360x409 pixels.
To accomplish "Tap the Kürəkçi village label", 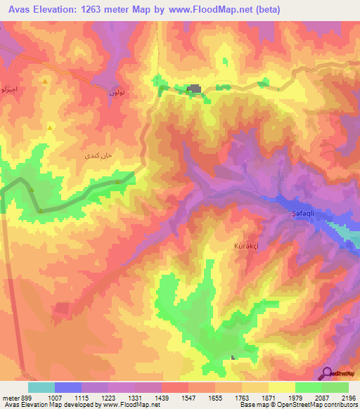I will point(247,247).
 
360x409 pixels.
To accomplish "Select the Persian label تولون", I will point(117,92).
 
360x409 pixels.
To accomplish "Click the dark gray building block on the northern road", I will point(194,89).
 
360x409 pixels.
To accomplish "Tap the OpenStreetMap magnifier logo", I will point(327,374).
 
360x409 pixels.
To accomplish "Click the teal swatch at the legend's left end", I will point(41,387).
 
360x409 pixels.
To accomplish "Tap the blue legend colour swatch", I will point(67,387).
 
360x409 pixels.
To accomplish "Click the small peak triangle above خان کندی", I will point(50,127).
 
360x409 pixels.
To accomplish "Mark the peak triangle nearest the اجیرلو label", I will point(45,81).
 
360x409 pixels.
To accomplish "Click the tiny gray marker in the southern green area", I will point(233,358).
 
